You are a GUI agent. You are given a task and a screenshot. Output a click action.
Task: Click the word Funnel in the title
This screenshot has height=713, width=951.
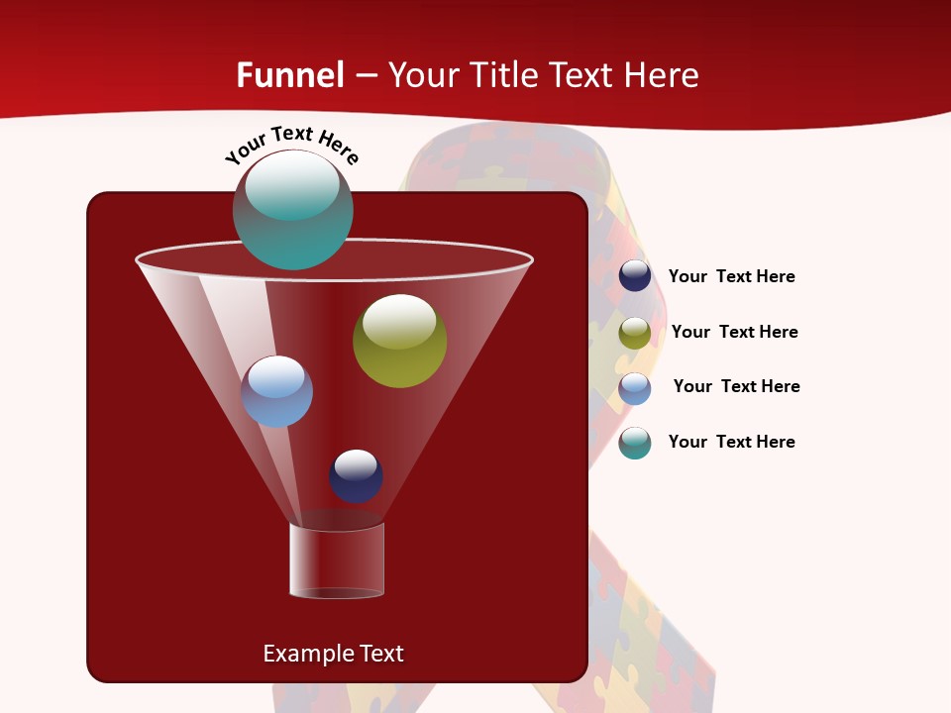click(290, 75)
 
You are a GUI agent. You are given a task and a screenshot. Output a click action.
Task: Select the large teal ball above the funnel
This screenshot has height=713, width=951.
click(293, 210)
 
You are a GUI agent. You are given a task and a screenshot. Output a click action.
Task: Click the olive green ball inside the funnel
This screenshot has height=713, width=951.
click(399, 342)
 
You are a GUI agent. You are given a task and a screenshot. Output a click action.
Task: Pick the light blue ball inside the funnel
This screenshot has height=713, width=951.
click(276, 392)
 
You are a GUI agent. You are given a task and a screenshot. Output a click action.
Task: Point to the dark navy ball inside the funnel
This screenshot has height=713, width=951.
click(356, 476)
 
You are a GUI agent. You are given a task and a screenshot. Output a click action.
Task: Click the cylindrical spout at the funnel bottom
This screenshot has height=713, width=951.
click(337, 560)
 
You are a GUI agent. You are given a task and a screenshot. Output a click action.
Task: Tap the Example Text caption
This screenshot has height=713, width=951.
click(333, 654)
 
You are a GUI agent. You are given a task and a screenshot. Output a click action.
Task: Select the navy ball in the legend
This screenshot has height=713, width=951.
click(635, 276)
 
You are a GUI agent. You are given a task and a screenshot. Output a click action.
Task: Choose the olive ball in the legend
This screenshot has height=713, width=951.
click(635, 333)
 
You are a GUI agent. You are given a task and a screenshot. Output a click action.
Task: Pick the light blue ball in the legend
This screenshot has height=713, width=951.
click(635, 388)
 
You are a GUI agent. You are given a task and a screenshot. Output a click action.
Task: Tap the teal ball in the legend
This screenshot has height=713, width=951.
click(635, 443)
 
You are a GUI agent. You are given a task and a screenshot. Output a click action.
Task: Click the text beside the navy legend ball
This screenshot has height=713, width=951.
click(731, 277)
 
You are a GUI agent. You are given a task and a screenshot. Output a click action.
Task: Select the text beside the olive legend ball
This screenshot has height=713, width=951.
click(734, 333)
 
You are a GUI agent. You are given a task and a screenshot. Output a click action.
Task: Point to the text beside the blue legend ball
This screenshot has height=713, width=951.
click(736, 387)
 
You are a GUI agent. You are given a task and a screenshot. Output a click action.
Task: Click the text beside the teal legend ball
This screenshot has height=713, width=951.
click(731, 443)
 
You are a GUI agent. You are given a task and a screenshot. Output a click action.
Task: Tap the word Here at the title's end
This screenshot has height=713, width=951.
click(662, 75)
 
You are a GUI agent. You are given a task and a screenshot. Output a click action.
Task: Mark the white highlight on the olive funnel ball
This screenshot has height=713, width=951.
click(399, 321)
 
